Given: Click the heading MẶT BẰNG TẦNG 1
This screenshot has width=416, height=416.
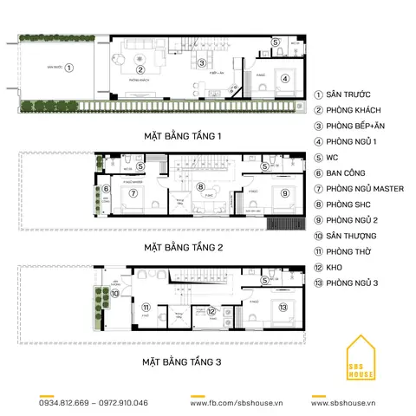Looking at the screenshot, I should (184, 136).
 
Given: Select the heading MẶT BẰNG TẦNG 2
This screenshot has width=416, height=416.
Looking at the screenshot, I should (184, 247).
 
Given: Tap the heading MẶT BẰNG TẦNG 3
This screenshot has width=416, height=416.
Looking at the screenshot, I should (184, 356).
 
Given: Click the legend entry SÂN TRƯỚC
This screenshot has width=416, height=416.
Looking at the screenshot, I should (350, 94).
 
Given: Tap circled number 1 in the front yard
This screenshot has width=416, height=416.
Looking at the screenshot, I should (70, 67).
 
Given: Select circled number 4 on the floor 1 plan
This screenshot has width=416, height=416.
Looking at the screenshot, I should (283, 79).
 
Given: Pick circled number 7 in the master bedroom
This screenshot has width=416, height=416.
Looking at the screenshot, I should (134, 193).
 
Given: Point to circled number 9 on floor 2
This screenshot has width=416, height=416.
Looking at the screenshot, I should (283, 192).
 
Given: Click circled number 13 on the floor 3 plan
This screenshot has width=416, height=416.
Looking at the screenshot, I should (283, 306).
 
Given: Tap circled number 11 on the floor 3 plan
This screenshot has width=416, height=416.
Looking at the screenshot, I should (146, 307).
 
